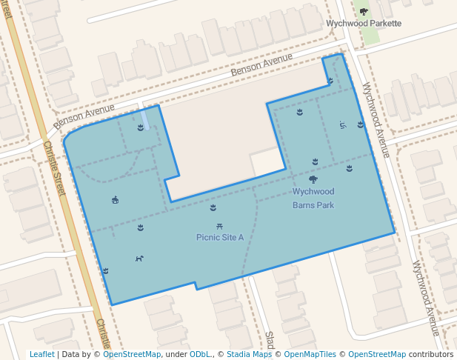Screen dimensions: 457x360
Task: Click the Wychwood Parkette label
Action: point(364,23)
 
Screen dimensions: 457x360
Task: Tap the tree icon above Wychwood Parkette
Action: point(364,11)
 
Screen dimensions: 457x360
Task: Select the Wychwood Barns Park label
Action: point(313,198)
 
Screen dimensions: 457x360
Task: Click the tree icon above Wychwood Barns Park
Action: point(313,179)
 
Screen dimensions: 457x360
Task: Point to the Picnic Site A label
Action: point(220,237)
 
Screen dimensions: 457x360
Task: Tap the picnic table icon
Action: point(220,226)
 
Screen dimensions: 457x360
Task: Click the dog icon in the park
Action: point(139,259)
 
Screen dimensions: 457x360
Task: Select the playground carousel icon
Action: point(115,199)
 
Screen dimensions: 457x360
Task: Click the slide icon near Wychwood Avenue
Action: point(342,124)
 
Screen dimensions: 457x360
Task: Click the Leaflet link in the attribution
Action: point(41,354)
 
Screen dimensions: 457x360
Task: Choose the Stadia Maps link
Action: point(249,354)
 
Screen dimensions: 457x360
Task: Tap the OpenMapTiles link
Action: point(311,354)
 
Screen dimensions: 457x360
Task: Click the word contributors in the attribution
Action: point(430,354)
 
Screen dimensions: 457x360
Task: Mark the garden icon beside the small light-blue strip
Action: point(140,127)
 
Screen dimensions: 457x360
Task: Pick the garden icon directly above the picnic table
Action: point(213,208)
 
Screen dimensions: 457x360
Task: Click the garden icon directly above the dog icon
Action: point(140,227)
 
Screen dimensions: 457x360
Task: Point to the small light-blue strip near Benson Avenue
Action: point(145,117)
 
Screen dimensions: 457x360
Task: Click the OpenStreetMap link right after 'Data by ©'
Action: point(132,354)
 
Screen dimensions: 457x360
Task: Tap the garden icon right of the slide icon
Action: point(360,124)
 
